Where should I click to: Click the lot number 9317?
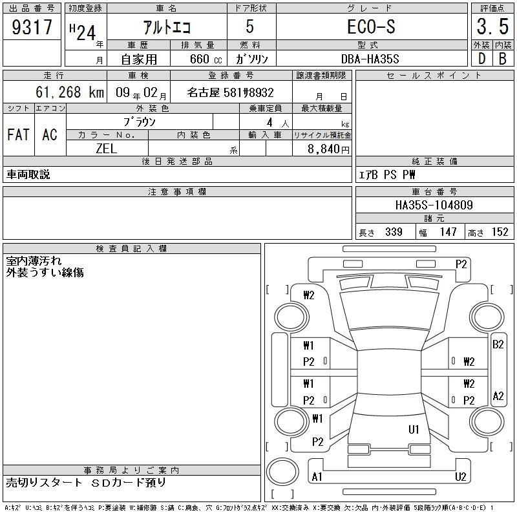click(32, 26)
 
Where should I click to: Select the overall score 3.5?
click(492, 26)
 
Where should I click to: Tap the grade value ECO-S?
click(371, 26)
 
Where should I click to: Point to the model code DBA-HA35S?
click(370, 59)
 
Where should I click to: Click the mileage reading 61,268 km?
click(70, 92)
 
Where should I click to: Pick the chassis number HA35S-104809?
click(434, 205)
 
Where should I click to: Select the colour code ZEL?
click(106, 149)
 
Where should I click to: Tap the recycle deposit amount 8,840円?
click(328, 149)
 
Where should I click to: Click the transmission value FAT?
click(19, 134)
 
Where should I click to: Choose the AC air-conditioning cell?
click(50, 134)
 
